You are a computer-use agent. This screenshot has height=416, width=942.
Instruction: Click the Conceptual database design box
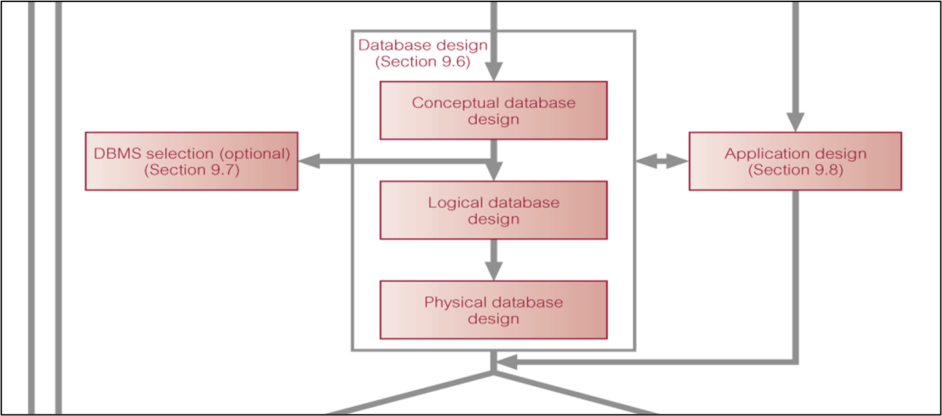(493, 111)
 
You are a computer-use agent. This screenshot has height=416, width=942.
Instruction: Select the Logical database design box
(493, 210)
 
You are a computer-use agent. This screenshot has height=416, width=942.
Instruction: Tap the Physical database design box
(493, 310)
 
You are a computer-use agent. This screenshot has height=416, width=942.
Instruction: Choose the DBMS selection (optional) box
(191, 162)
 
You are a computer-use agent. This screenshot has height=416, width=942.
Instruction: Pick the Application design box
(795, 162)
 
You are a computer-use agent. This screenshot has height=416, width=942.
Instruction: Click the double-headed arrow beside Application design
(662, 162)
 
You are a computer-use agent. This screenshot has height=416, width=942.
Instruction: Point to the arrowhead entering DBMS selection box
(309, 162)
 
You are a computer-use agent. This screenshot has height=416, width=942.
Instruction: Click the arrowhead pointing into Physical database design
(494, 271)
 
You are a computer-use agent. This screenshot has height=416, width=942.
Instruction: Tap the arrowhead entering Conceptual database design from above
(494, 72)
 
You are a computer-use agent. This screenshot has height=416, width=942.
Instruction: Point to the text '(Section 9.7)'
(191, 170)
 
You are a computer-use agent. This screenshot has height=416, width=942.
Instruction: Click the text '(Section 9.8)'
(795, 170)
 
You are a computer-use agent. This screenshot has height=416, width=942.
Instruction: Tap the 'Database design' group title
(423, 45)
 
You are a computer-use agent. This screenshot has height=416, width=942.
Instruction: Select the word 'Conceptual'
(454, 103)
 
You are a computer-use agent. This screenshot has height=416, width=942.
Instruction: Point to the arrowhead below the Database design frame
(508, 362)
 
